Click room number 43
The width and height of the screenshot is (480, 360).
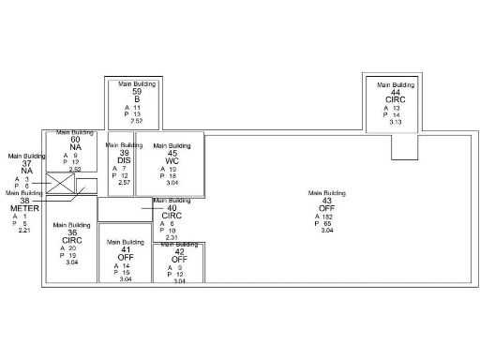(326, 201)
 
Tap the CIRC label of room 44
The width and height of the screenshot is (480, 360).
(396, 99)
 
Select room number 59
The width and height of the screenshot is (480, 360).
(137, 91)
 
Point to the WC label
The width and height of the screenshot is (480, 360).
(172, 161)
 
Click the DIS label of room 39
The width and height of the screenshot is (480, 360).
(124, 160)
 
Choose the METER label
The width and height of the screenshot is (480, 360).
(25, 207)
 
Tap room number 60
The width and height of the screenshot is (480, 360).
(75, 140)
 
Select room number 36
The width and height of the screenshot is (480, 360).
(71, 232)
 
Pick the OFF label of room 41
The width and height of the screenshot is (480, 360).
(125, 257)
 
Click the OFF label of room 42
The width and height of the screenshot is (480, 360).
(179, 259)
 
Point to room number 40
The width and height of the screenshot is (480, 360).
(172, 208)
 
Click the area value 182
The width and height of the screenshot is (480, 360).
(329, 217)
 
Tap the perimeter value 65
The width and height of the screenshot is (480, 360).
(328, 224)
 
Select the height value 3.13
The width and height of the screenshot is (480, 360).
(396, 122)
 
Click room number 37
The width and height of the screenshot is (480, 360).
(26, 163)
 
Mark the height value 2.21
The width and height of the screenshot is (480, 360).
(25, 231)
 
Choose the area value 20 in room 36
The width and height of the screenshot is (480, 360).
(72, 248)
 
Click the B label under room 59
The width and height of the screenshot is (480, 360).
(137, 98)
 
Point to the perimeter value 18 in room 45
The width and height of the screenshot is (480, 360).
(172, 176)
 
